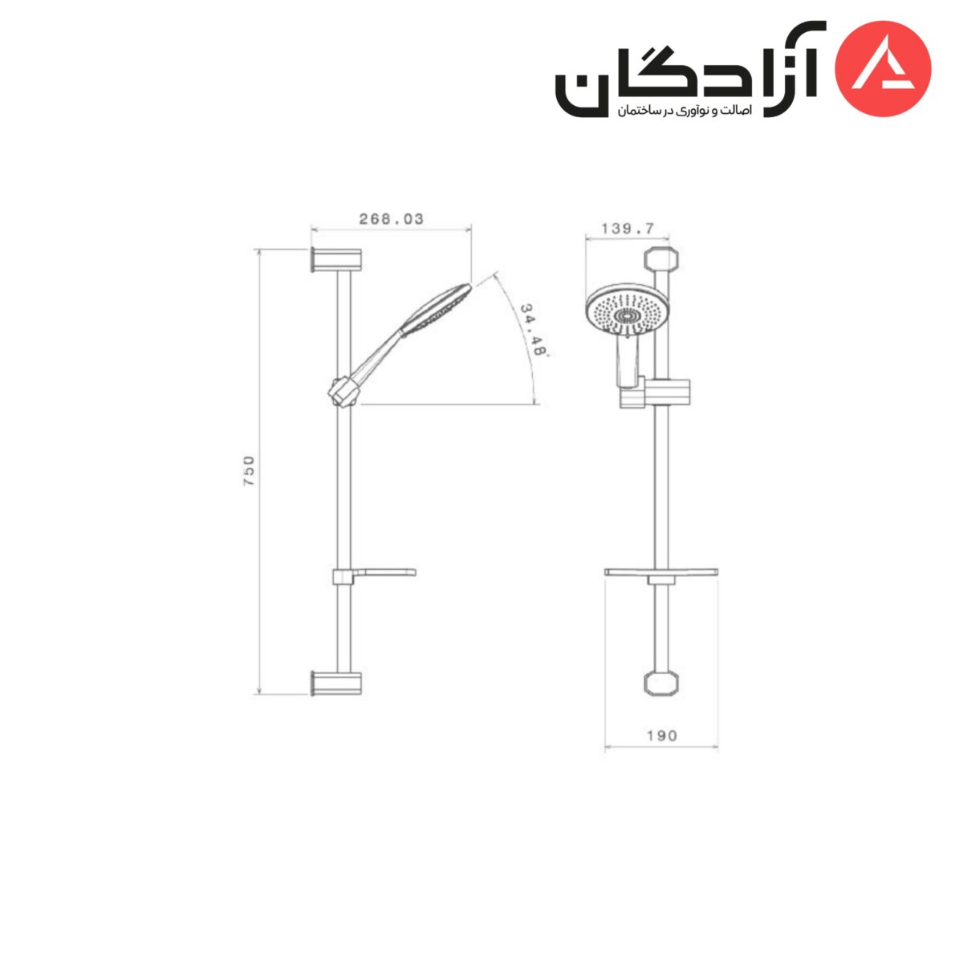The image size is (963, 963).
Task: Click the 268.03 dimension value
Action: coord(391,219)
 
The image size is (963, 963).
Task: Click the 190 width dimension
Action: coord(661,735)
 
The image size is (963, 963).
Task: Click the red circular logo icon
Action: coord(884,69)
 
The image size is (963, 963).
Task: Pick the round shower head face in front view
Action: coord(624,315)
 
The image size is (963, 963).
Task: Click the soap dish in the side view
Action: coord(374,575)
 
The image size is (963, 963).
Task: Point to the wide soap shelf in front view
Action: coord(660,572)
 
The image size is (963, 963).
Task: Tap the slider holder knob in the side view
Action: coord(343,391)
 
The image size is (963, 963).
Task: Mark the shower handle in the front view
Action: coord(625,360)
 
